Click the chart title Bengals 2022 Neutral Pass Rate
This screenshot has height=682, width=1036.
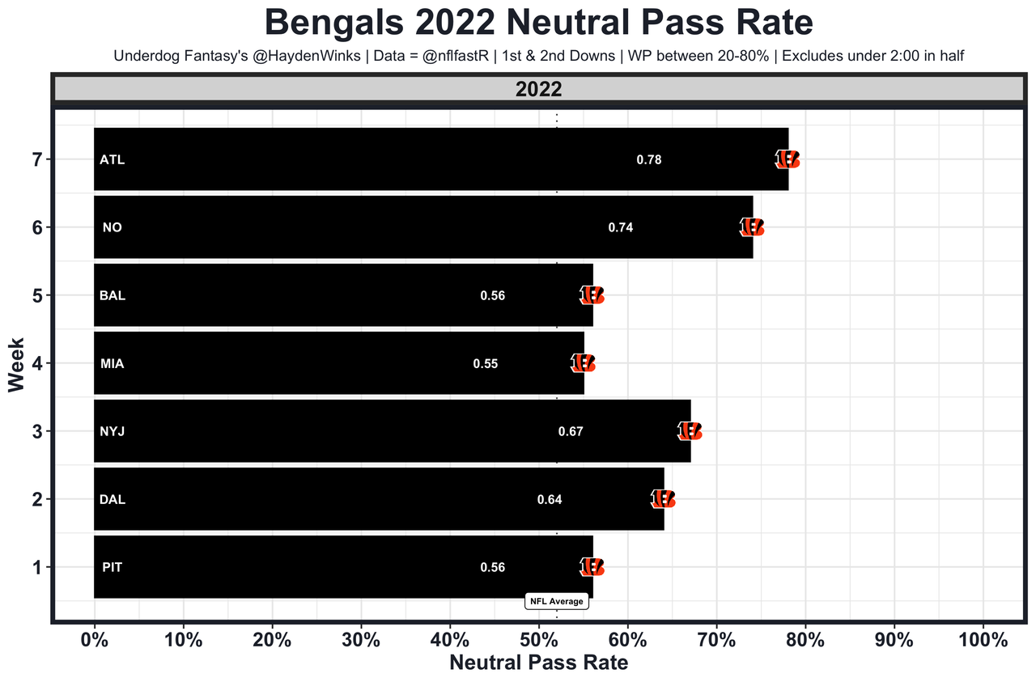[538, 23]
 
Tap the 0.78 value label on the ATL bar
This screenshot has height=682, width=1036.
[649, 160]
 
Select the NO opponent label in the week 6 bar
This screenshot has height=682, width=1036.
[113, 228]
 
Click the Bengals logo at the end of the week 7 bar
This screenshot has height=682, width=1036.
[788, 159]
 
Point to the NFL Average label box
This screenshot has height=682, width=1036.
[557, 601]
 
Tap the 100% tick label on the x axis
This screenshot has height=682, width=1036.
[983, 639]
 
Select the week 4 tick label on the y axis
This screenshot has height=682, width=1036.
[37, 364]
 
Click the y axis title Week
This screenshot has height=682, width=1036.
[16, 364]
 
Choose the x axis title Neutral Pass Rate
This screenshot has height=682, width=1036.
[538, 663]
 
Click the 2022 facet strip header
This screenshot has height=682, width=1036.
[538, 90]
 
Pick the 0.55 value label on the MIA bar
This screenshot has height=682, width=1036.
[486, 364]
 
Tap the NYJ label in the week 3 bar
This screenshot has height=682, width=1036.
[113, 432]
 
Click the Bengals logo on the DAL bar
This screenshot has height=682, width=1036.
[663, 499]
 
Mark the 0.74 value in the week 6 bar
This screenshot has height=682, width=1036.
[621, 228]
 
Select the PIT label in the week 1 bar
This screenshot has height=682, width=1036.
[113, 568]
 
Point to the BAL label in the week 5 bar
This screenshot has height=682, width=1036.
[113, 296]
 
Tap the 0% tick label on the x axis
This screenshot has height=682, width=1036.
[95, 639]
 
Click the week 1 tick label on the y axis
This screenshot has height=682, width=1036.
[37, 568]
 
